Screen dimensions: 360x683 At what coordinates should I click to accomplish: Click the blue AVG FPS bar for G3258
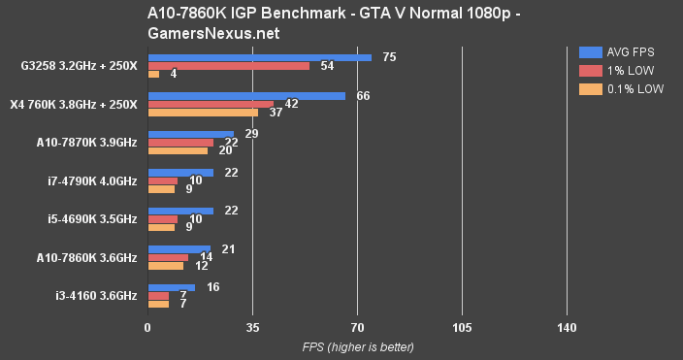pos(259,57)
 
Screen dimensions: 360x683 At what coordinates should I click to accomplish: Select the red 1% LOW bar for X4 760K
pos(210,104)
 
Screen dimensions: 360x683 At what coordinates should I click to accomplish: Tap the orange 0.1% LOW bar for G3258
pos(153,74)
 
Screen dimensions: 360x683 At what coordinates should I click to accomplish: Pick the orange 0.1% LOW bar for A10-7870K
pos(177,150)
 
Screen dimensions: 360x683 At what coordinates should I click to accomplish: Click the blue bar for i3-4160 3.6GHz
pos(171,286)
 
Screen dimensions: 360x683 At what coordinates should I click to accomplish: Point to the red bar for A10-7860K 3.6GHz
pos(168,257)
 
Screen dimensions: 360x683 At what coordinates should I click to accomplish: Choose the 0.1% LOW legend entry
pos(620,88)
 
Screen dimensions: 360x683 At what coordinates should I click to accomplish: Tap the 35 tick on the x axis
pos(252,328)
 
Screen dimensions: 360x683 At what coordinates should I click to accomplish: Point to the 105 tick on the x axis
pos(463,328)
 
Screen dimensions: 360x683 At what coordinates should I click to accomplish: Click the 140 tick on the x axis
pos(568,328)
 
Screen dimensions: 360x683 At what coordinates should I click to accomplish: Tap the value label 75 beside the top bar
pos(389,57)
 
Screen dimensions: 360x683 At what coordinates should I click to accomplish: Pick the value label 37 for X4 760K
pos(276,113)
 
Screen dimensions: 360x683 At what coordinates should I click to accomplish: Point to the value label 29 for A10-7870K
pos(251,133)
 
